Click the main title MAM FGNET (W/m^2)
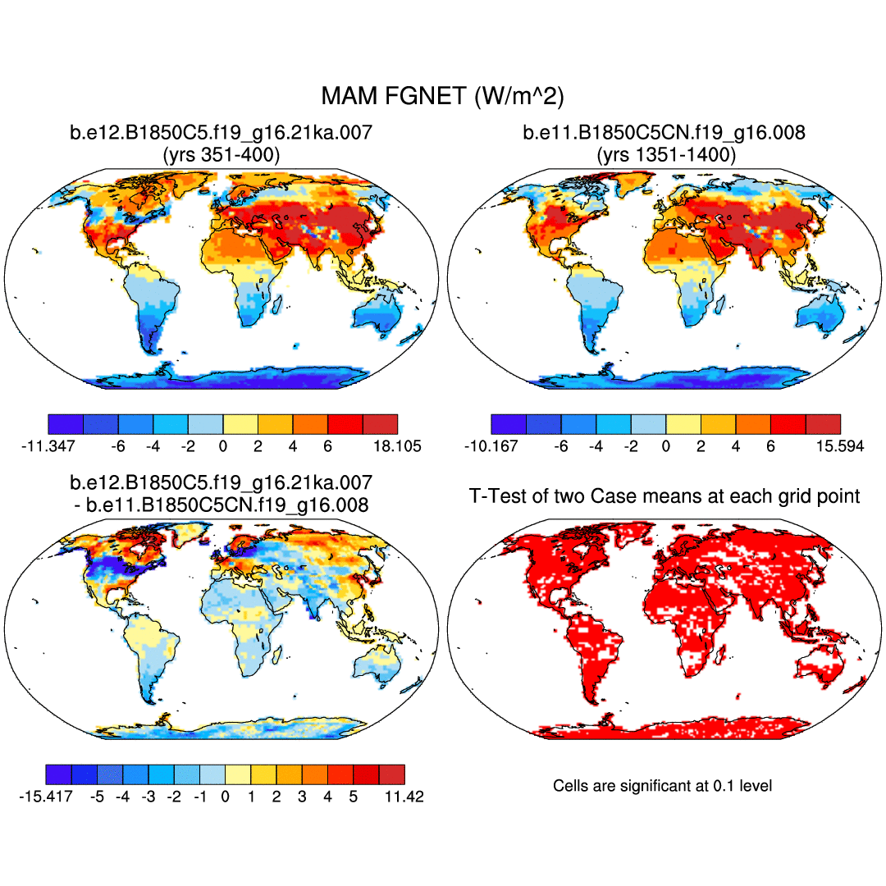click(x=442, y=97)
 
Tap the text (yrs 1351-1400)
click(x=664, y=153)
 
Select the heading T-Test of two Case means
click(x=664, y=496)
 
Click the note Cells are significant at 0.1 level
click(x=663, y=786)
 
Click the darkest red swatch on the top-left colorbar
click(x=380, y=423)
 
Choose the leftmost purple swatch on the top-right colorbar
click(x=508, y=423)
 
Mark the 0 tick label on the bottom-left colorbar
click(x=226, y=797)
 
